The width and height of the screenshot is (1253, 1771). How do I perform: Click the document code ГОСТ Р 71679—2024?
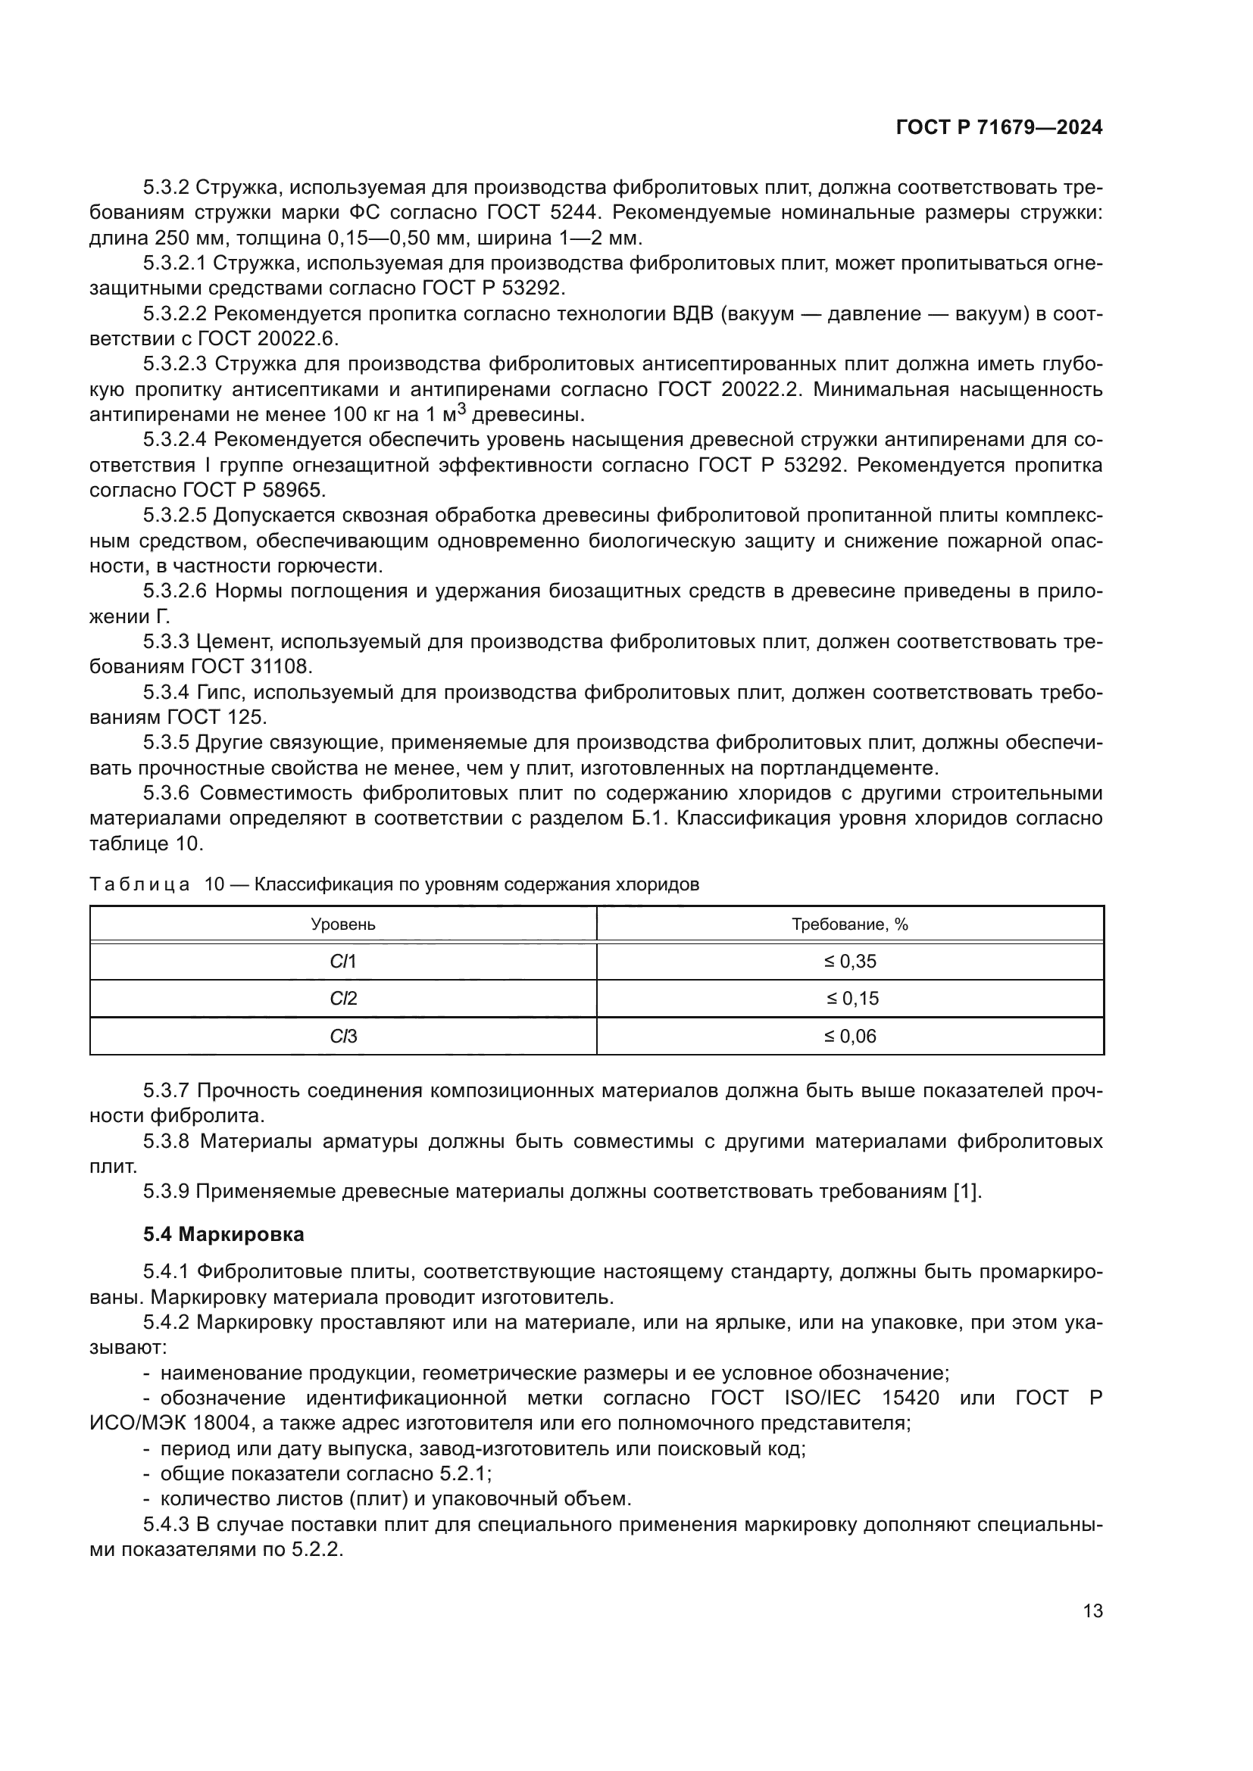tap(998, 128)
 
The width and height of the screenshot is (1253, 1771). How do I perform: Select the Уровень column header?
tap(342, 924)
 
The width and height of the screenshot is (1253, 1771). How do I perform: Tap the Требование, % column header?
tap(849, 924)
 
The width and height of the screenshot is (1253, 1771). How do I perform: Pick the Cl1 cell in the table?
tap(342, 961)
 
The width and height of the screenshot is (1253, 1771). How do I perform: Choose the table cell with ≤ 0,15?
tap(849, 999)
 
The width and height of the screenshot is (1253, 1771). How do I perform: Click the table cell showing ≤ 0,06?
tap(849, 1036)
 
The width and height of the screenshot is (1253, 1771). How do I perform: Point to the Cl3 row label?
tap(342, 1036)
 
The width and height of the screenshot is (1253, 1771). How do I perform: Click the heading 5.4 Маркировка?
tap(223, 1234)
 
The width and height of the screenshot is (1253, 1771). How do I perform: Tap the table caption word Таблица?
tap(139, 884)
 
